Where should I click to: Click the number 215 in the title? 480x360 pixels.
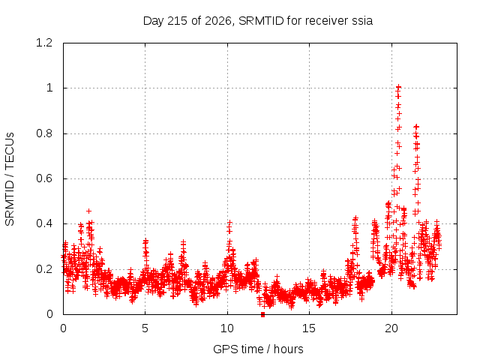coord(178,21)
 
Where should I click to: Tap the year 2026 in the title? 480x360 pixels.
coord(218,21)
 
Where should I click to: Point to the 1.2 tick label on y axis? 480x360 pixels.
coord(44,43)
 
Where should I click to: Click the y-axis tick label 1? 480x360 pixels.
coord(49,88)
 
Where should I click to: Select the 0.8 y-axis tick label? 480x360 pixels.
coord(44,133)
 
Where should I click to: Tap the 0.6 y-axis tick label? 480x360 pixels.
coord(44,178)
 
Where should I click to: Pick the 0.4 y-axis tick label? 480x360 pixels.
coord(44,223)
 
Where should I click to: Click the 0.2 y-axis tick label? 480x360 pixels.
coord(44,269)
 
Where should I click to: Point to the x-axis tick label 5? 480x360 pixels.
coord(145,328)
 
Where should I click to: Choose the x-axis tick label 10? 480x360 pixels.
coord(226,328)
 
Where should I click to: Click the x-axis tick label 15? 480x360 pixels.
coord(309,328)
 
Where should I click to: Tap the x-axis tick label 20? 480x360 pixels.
coord(391,328)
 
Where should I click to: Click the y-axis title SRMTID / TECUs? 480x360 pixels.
coord(10,179)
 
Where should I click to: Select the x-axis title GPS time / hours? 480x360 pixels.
coord(258,349)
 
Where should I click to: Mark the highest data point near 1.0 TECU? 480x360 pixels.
coord(398,87)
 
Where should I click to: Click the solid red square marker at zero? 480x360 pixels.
coord(262,314)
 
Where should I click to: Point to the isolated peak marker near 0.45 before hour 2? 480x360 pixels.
coord(88,211)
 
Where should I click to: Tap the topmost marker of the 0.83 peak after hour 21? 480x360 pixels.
coord(416,126)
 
